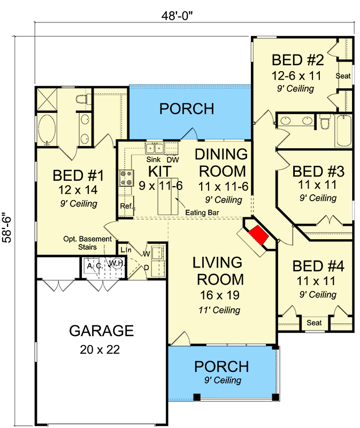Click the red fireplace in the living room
tap(258, 235)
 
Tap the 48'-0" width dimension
tap(177, 16)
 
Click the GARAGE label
tap(101, 331)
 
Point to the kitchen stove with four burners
tap(126, 178)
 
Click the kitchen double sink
tap(155, 148)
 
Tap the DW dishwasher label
tap(173, 159)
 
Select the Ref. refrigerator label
tap(127, 206)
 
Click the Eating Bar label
tap(202, 212)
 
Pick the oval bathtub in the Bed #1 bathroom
tap(47, 129)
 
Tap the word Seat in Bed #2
tap(343, 76)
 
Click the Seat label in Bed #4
tap(314, 323)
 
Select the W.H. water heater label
tap(117, 263)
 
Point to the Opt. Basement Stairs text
tap(87, 243)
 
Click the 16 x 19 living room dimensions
tap(220, 295)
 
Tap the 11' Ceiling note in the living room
tap(219, 310)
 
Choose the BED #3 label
tap(318, 172)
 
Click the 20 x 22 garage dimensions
tap(100, 350)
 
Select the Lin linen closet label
tap(126, 250)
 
